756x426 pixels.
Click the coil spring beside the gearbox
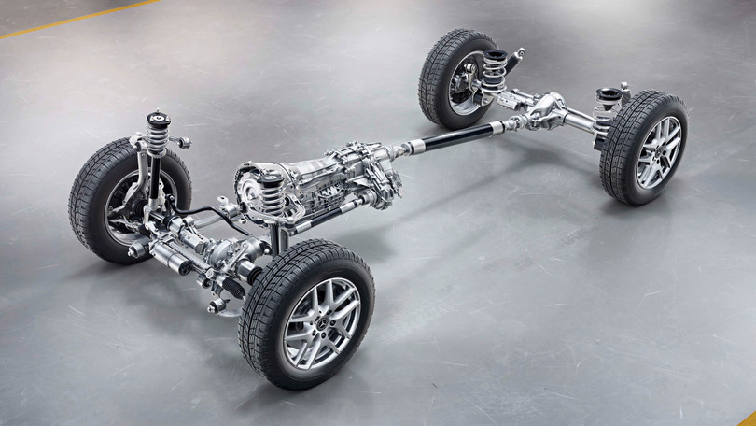pos(273,194)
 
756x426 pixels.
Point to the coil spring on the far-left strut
pos(156,140)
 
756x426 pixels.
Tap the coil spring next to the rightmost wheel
pos(607,112)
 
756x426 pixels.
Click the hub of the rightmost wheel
pos(659,152)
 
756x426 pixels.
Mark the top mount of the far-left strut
pos(157,120)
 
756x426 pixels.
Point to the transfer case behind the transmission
pos(373,168)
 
